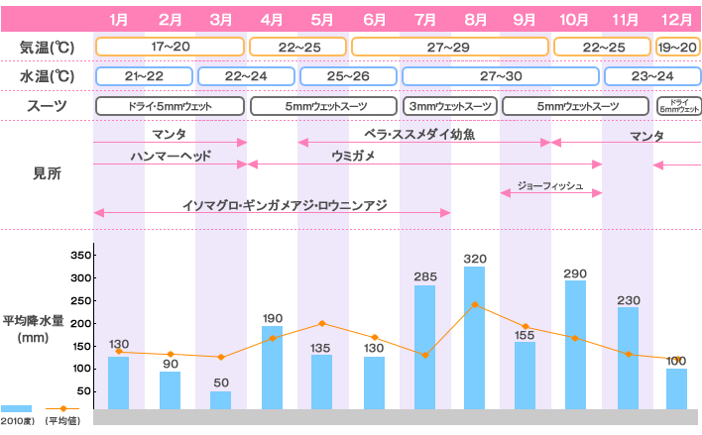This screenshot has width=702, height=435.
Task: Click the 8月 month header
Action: [x=475, y=19]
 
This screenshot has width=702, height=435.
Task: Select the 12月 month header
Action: [x=677, y=19]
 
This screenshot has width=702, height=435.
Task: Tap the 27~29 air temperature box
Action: [x=449, y=47]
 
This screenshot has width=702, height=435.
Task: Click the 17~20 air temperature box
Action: [x=170, y=47]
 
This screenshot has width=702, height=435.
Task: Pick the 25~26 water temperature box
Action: [x=348, y=76]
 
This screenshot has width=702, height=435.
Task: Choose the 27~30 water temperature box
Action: [x=500, y=76]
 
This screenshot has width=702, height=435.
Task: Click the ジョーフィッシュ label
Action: [x=550, y=185]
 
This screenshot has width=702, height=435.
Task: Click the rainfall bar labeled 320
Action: [x=475, y=337]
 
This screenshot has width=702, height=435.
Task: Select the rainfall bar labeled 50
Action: [x=220, y=399]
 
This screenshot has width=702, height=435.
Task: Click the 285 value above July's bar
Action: [x=424, y=276]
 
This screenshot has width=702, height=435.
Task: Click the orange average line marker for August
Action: [x=475, y=304]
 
